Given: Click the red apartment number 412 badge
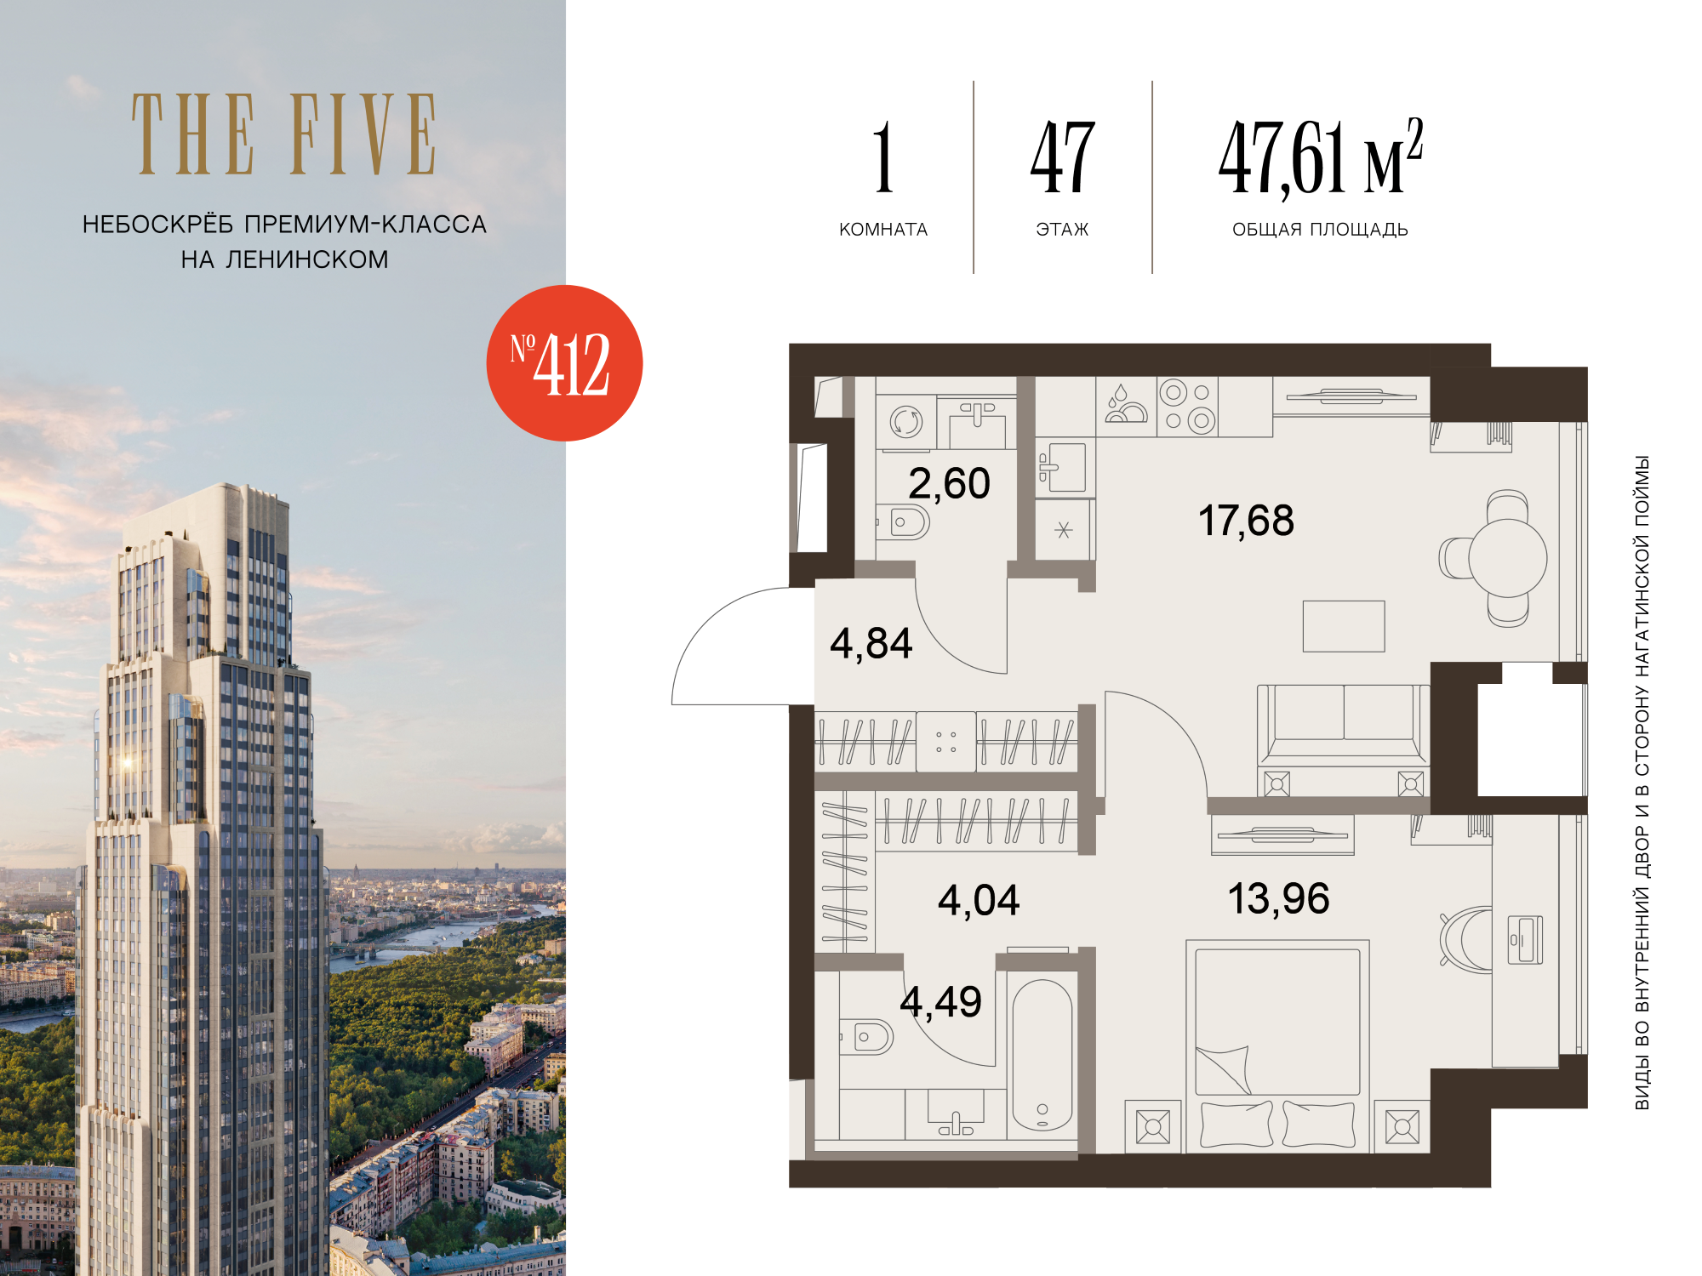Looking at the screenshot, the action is click(x=564, y=363).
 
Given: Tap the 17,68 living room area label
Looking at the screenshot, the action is click(x=1246, y=521).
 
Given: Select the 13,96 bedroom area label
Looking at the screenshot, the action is click(x=1278, y=899).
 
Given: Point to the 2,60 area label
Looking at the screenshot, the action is click(x=949, y=484).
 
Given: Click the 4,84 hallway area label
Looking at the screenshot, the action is click(x=871, y=644).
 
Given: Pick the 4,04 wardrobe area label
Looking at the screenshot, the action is click(x=979, y=901).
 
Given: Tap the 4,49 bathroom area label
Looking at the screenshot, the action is click(x=940, y=1002).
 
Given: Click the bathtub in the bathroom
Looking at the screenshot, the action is click(x=1042, y=1056).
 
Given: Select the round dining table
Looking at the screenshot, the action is click(x=1507, y=558).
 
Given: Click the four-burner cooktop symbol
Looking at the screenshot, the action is click(x=1187, y=407).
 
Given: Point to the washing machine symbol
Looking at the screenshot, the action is click(x=906, y=422).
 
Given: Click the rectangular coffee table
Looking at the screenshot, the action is click(x=1344, y=626).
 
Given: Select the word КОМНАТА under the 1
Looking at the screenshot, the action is click(x=883, y=230).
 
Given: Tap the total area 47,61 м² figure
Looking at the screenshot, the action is click(x=1321, y=157).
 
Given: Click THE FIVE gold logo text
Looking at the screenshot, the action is click(x=284, y=134).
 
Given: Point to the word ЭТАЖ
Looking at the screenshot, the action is click(x=1062, y=230).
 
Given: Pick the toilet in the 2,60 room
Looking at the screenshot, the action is click(x=905, y=522).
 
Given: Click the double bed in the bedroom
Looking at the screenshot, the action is click(x=1277, y=1046).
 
